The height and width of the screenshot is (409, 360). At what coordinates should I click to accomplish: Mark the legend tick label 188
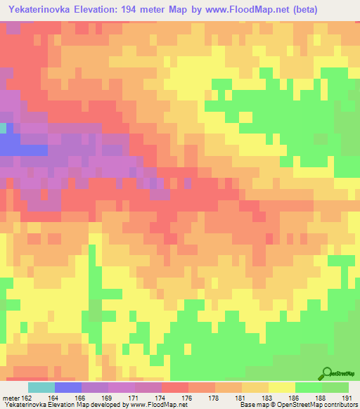point(324,398)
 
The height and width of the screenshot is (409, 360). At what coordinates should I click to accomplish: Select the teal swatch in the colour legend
point(41,387)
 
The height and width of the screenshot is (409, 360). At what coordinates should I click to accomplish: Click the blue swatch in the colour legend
point(68,387)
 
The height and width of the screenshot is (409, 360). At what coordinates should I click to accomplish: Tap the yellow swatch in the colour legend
point(282,387)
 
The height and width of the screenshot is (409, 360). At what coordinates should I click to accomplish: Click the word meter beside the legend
point(10,398)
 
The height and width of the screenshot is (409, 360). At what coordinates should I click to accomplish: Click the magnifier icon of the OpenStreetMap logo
point(326,373)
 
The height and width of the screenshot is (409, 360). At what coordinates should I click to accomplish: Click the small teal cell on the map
point(3,128)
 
